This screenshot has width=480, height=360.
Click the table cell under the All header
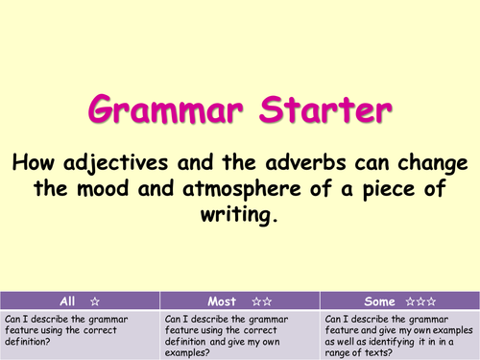pos(81,333)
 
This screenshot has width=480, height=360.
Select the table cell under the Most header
pos(240,333)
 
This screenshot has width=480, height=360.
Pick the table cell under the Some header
pos(399,333)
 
